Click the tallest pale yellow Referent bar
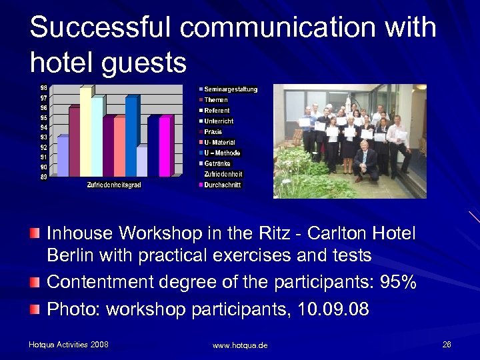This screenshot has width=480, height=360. (85, 133)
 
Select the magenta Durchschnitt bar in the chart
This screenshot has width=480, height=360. (166, 147)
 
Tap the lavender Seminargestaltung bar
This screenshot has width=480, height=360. (63, 157)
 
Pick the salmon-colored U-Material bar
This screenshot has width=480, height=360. (119, 147)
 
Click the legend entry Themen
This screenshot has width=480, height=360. (216, 100)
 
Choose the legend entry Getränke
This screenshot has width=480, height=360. (219, 163)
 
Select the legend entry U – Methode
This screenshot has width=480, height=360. (222, 153)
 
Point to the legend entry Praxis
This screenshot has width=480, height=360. (213, 132)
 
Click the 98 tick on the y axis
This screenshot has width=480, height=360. (43, 88)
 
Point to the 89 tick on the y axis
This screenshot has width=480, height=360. (43, 177)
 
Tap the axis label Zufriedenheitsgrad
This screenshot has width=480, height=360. (114, 185)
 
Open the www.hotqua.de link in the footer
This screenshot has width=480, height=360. (239, 345)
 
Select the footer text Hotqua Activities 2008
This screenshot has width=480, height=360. (69, 345)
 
